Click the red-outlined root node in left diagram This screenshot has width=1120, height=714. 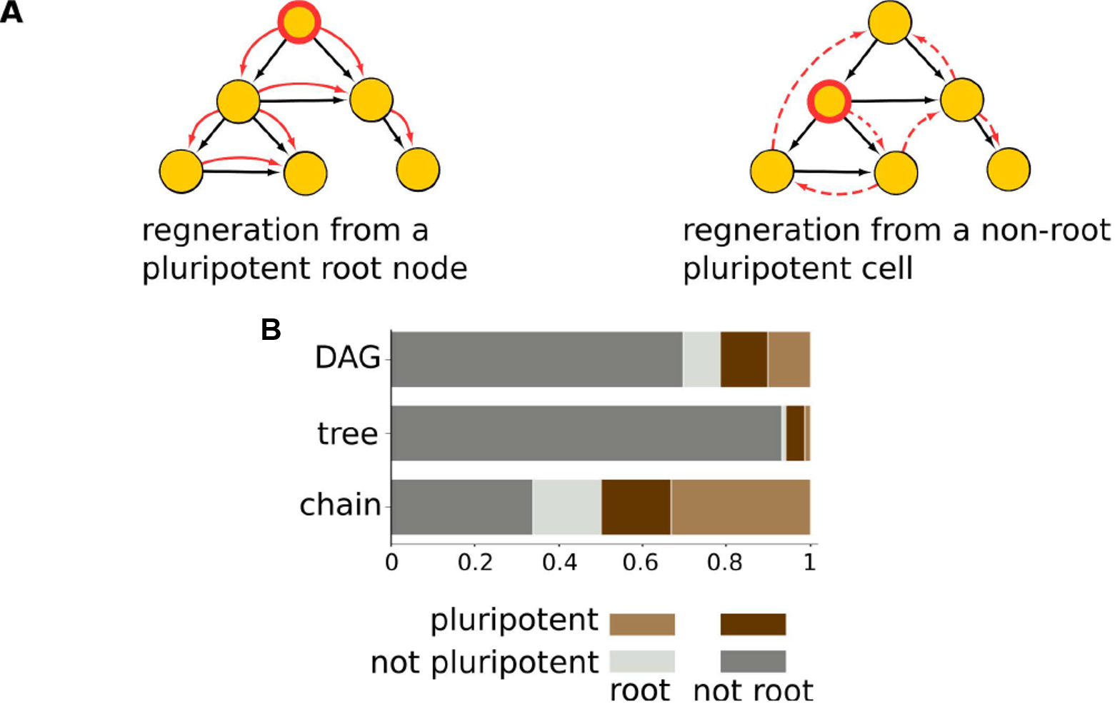[x=299, y=23]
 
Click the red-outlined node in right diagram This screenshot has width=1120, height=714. [x=829, y=101]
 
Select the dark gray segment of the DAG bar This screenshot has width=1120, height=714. [x=536, y=359]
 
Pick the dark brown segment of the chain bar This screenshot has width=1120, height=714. [x=636, y=507]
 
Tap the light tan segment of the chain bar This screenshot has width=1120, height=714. [x=740, y=507]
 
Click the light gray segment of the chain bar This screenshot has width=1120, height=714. [x=566, y=507]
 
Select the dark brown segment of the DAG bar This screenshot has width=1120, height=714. [x=744, y=359]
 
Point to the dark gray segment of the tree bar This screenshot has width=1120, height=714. [x=586, y=433]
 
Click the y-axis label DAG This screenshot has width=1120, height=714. [x=348, y=358]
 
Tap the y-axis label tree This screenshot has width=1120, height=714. [x=348, y=433]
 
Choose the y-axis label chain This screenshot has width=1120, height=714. [x=341, y=505]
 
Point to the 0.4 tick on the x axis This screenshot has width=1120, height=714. [x=559, y=563]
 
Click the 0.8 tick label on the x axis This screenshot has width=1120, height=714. [x=726, y=563]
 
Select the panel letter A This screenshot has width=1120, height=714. [x=11, y=13]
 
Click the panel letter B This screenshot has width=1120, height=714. [x=271, y=330]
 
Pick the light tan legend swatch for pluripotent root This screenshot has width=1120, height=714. [x=641, y=624]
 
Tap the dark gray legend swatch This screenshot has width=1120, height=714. [x=753, y=661]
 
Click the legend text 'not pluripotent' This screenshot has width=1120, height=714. [x=484, y=663]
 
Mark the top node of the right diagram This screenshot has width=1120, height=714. [x=889, y=23]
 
